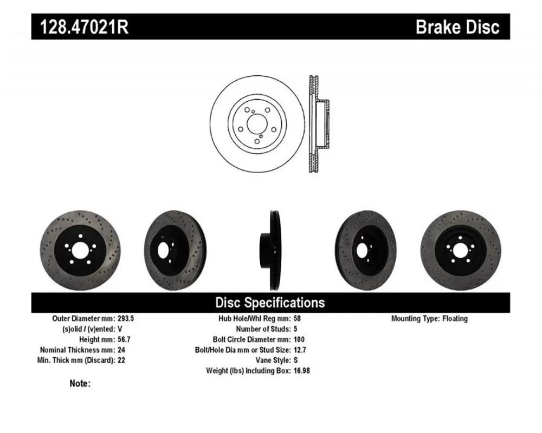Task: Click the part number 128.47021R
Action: click(85, 27)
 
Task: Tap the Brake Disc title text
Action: click(457, 27)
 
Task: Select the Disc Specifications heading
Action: click(270, 303)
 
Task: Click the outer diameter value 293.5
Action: click(126, 318)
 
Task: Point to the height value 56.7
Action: click(124, 339)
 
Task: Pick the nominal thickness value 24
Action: click(121, 350)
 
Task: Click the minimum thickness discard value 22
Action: click(121, 360)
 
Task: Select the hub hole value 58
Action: click(297, 318)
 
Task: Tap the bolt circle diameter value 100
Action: click(299, 339)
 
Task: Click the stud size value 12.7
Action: click(300, 350)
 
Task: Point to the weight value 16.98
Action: click(301, 371)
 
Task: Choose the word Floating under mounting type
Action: click(455, 318)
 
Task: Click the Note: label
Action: click(80, 383)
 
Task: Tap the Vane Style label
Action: click(273, 360)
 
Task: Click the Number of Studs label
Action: click(263, 329)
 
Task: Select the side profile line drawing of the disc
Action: click(319, 123)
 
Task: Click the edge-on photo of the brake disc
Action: click(270, 251)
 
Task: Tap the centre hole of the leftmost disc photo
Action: click(80, 250)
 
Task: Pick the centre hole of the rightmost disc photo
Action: click(460, 250)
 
